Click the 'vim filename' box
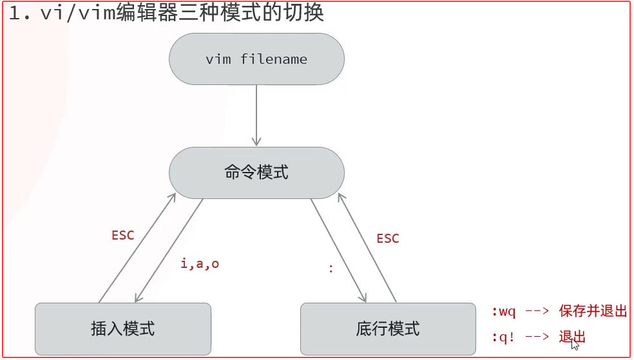coord(256,59)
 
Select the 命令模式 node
coord(256,173)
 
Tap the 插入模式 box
coord(123,328)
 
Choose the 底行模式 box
coord(388,328)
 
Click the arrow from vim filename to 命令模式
coord(256,116)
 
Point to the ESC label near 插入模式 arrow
coord(122,235)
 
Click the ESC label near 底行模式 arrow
coord(387,238)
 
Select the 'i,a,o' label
coord(200,263)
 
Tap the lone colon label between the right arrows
coord(331,269)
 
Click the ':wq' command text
coord(504,312)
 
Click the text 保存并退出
coord(593,312)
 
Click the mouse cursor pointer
coord(575,344)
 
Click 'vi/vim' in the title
coord(77,14)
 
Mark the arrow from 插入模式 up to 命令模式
coord(137,248)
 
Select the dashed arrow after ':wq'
coord(537,312)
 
